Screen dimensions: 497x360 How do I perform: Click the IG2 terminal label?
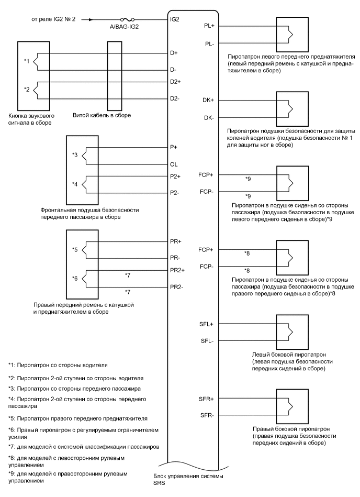[x=175, y=20]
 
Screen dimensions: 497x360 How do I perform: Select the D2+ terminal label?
[x=176, y=82]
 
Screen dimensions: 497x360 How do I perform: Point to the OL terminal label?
[x=174, y=164]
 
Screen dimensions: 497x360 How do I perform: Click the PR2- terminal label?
[x=177, y=288]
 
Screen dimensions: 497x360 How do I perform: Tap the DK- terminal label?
[x=207, y=118]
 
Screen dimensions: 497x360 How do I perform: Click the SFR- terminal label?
[x=206, y=416]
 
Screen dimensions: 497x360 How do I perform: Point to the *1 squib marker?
[x=27, y=61]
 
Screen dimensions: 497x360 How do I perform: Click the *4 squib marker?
[x=75, y=184]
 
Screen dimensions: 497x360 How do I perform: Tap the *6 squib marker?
[x=75, y=279]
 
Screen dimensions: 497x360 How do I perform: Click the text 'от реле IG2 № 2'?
[x=52, y=20]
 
